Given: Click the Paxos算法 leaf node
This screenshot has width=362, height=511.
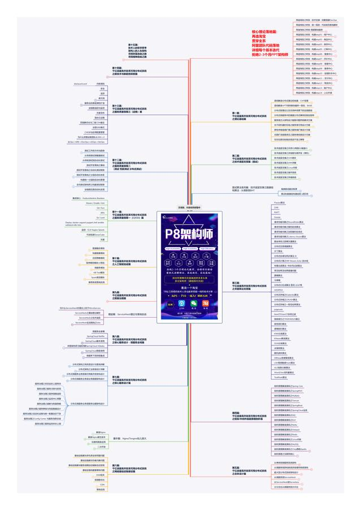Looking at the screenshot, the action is [279, 202].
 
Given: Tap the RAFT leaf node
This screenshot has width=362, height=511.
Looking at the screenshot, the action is [277, 212].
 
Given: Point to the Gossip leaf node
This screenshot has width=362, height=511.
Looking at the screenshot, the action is [277, 217].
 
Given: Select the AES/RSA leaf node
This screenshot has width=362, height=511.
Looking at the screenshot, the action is [279, 289].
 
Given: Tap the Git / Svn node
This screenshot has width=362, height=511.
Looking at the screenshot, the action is [101, 208].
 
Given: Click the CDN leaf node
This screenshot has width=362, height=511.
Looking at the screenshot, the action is [102, 484].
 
